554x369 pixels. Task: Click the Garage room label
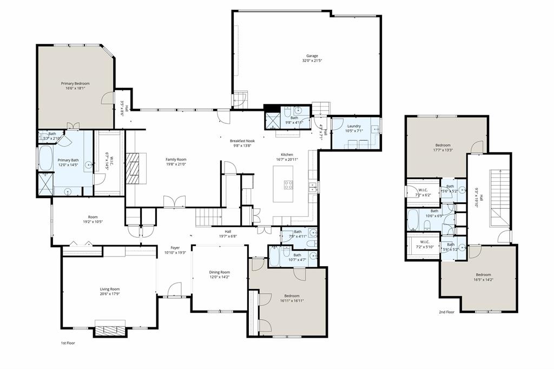coord(312,55)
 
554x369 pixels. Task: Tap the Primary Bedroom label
coord(75,83)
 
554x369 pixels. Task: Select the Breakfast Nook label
coord(242,140)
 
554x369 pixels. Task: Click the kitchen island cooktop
coord(288,183)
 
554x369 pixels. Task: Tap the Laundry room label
coord(354,126)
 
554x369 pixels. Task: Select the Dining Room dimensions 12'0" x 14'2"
coord(220,278)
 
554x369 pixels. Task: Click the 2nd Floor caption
coord(447,312)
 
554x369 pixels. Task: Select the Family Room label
coord(176,159)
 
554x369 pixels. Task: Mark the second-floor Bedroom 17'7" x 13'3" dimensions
coord(443,151)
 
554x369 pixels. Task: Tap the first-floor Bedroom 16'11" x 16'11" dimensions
coord(292,301)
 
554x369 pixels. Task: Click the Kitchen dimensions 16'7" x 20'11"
coord(286,160)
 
